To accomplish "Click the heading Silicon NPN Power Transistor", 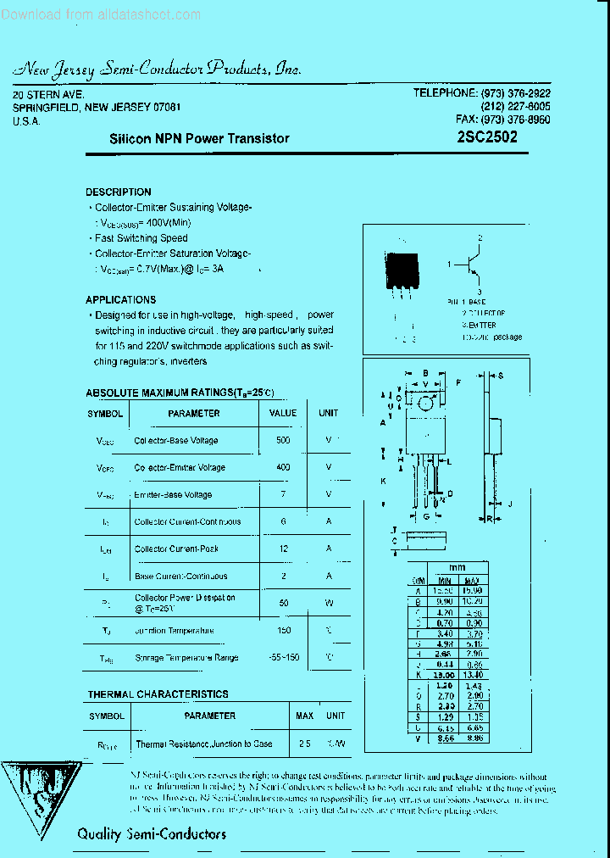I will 199,138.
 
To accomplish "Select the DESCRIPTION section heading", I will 119,192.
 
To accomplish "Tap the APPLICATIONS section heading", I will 120,300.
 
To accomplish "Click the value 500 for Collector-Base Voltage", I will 283,441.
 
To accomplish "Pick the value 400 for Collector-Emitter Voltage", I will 283,468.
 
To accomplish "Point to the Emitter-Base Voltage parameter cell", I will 173,495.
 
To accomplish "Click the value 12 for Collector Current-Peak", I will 283,549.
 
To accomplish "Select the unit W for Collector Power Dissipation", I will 328,604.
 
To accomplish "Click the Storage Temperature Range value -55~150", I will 283,658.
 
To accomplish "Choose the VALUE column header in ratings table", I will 283,414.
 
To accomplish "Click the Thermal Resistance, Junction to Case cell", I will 204,744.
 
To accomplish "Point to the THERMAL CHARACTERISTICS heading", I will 158,694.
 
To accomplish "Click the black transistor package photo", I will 402,272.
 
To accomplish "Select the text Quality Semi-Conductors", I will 152,834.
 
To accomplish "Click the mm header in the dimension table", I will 457,567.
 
